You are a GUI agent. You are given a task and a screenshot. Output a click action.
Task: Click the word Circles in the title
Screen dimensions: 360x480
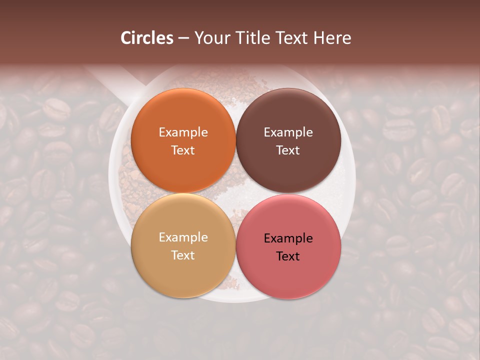click(x=146, y=38)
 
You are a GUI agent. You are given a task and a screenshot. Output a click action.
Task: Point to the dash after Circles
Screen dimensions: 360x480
click(x=183, y=38)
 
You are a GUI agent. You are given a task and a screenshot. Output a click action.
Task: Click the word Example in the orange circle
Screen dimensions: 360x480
click(x=183, y=132)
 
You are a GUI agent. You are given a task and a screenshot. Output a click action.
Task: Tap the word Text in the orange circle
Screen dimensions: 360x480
click(x=183, y=150)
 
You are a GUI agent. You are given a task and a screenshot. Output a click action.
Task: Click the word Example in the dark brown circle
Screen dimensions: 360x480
click(x=288, y=132)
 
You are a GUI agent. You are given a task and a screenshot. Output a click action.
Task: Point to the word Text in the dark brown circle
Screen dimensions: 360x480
click(x=288, y=150)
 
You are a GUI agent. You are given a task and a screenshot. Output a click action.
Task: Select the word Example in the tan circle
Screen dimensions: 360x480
click(x=183, y=237)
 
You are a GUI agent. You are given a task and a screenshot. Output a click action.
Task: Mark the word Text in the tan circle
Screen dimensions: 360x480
click(x=183, y=255)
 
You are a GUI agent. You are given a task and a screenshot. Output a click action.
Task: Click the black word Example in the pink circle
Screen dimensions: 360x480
click(x=288, y=238)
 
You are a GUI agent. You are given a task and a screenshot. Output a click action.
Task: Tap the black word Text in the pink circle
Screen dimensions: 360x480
click(x=288, y=256)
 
